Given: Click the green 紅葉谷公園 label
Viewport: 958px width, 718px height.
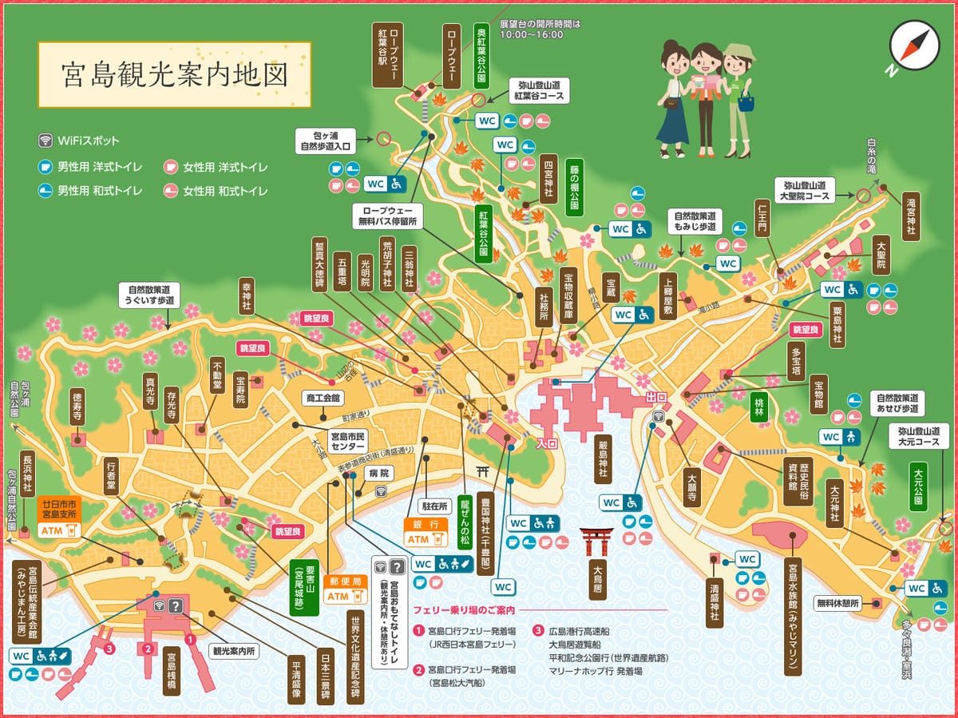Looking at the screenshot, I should (484, 232).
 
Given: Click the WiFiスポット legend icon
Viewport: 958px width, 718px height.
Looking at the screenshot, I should (46, 141).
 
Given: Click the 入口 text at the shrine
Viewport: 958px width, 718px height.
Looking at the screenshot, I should (546, 442).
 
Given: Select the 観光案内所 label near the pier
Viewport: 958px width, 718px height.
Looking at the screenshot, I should (233, 651).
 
